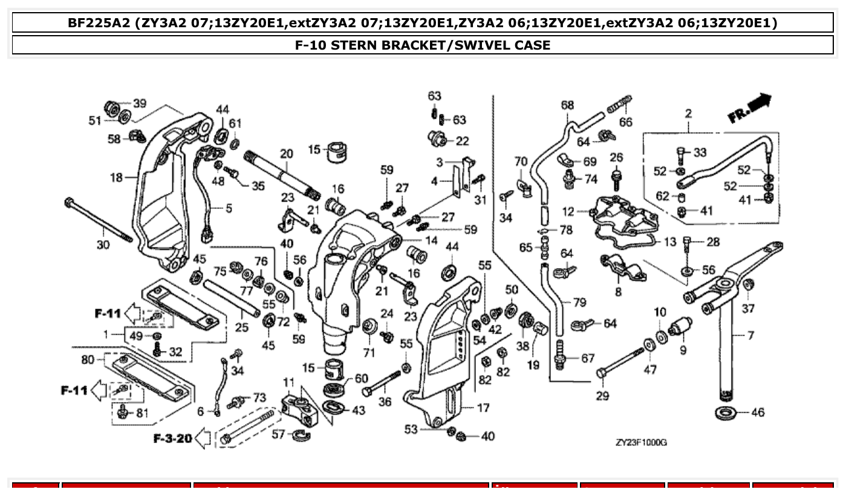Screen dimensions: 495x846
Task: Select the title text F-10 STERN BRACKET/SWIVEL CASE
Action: point(423,45)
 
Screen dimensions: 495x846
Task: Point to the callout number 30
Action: point(103,244)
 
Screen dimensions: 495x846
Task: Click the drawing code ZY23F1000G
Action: point(641,442)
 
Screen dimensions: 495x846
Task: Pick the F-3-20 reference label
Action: point(172,438)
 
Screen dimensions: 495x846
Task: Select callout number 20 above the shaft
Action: point(286,154)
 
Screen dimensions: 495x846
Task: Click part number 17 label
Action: point(483,408)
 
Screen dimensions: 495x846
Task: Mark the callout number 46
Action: point(758,413)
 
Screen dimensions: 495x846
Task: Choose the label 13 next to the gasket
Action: point(670,242)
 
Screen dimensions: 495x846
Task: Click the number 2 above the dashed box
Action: point(688,113)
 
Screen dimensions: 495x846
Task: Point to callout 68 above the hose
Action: point(567,105)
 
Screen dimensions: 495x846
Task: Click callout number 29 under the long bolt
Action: point(602,396)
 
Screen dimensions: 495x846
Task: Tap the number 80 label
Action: point(88,359)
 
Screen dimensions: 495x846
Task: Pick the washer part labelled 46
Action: point(725,413)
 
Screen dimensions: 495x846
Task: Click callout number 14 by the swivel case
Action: point(431,240)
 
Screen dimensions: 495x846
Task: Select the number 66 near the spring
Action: point(625,122)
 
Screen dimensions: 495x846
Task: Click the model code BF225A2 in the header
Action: point(99,23)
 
